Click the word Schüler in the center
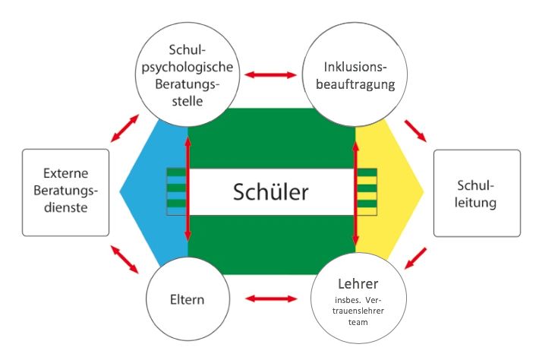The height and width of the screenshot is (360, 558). point(270,191)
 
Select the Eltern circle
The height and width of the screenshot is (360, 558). point(188,298)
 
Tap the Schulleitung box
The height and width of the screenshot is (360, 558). point(477,193)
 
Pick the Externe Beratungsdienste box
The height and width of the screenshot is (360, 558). point(65,192)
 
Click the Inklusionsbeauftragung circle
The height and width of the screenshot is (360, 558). point(355,74)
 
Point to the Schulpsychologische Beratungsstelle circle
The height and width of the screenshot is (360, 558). point(188,74)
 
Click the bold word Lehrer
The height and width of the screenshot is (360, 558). point(358,284)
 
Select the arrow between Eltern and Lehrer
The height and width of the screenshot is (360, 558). point(271,298)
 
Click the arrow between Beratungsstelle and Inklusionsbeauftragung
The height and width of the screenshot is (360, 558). point(271,74)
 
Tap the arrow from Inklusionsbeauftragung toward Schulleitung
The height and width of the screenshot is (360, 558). point(415,131)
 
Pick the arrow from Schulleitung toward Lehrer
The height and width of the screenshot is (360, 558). point(415,258)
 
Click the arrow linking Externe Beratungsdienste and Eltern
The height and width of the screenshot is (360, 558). point(125,259)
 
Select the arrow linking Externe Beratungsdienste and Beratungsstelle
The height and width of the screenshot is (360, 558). point(125,128)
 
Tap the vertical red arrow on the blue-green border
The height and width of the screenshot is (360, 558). point(188,188)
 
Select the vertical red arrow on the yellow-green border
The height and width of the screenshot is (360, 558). point(355,192)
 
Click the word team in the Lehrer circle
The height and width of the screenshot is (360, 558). point(358,322)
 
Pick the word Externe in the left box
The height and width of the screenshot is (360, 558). point(65,173)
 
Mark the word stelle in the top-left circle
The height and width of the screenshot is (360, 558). point(188,101)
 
